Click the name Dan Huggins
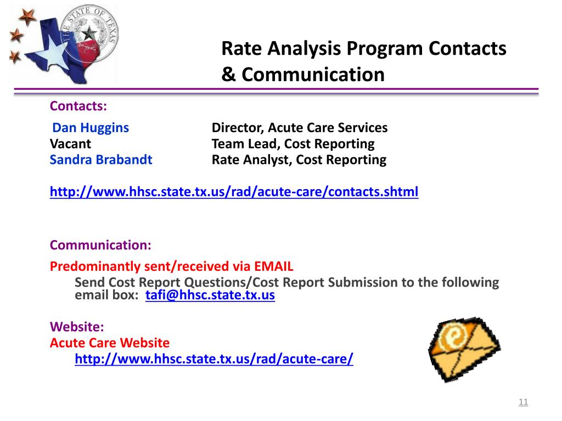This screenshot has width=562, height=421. click(x=91, y=128)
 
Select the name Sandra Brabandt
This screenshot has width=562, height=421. click(x=101, y=160)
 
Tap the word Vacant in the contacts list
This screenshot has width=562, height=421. click(x=70, y=144)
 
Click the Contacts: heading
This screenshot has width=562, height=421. click(x=78, y=105)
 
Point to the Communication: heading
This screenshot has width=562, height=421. click(x=100, y=245)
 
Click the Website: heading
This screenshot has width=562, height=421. click(x=77, y=327)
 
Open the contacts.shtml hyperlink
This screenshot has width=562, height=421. click(x=234, y=192)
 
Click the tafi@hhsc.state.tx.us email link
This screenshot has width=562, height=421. click(x=210, y=295)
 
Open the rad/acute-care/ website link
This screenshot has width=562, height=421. click(x=214, y=359)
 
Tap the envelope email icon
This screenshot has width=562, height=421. click(x=464, y=349)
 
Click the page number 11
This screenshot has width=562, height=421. click(x=523, y=402)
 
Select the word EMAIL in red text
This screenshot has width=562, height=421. click(x=274, y=266)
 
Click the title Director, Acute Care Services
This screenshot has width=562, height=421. click(x=300, y=128)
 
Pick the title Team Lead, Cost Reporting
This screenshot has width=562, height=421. click(x=293, y=144)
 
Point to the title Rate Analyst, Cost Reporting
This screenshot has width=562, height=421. click(x=299, y=160)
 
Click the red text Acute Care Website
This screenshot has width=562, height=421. click(x=110, y=343)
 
